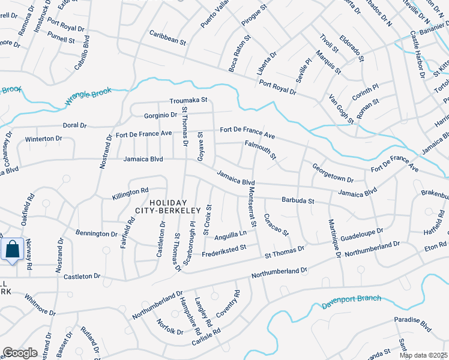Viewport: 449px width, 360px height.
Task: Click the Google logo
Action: pos(20,353)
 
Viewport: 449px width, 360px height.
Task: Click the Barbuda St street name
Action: pos(298,200)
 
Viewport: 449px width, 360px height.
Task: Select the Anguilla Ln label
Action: pos(231,234)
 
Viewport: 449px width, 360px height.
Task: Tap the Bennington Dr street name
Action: pos(97,233)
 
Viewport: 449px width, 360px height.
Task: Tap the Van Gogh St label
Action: pos(341,109)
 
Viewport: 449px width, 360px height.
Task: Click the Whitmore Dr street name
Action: pos(40,305)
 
